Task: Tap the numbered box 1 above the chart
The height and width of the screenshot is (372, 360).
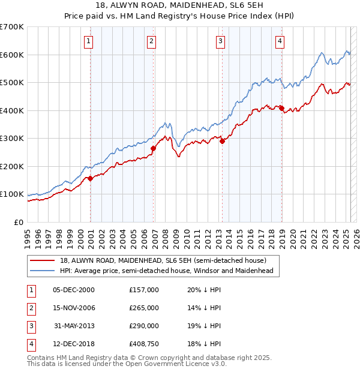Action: click(x=88, y=41)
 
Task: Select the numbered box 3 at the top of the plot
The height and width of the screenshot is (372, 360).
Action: click(x=221, y=41)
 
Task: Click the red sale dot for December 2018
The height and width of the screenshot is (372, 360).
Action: click(x=281, y=108)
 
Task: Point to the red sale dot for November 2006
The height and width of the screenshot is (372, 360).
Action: click(x=153, y=148)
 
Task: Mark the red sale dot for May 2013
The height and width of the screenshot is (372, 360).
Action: click(x=223, y=141)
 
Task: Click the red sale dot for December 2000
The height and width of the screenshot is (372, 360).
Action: click(x=91, y=178)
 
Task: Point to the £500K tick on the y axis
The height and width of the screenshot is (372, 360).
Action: click(x=12, y=82)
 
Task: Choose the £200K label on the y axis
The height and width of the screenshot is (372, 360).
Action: click(x=12, y=166)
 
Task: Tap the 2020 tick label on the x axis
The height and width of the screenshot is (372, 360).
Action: click(x=293, y=234)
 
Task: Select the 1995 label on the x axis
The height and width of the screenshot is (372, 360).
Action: click(x=28, y=234)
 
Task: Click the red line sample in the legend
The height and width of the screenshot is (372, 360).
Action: click(x=43, y=260)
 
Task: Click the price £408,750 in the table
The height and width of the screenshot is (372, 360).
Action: click(x=144, y=344)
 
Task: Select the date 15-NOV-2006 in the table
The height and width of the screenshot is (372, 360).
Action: click(x=74, y=308)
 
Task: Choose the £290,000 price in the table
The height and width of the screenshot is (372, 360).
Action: click(x=144, y=326)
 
